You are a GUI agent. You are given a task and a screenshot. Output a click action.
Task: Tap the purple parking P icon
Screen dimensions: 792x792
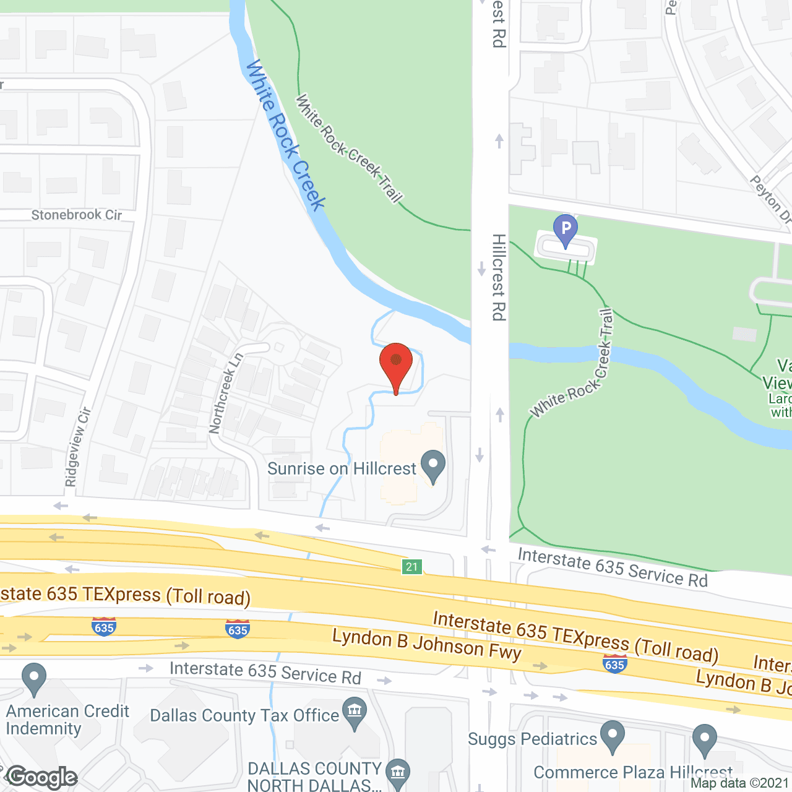pos(565,230)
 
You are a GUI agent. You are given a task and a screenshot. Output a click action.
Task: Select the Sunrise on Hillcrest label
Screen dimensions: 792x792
pos(342,469)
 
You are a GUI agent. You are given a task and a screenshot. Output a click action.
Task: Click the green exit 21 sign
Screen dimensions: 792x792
pos(412,566)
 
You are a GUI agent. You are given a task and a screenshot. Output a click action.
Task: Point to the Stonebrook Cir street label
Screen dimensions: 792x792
pos(77,215)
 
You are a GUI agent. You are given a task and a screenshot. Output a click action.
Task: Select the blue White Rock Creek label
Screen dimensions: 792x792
pos(286,136)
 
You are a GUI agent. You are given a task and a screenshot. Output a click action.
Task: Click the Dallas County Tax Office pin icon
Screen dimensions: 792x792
pos(355,712)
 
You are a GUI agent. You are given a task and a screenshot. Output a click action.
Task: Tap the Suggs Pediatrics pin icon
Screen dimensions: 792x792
pos(613,736)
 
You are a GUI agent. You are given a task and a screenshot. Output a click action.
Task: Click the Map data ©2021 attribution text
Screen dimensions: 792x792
pos(740,783)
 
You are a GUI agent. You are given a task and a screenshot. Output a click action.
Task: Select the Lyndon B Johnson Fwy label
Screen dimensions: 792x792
pos(427,645)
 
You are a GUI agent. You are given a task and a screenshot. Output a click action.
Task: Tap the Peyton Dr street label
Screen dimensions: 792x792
pos(771,199)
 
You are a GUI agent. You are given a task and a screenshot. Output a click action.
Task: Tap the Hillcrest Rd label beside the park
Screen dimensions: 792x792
pos(499,277)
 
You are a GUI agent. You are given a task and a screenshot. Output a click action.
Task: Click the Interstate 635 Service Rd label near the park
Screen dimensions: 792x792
pos(613,567)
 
